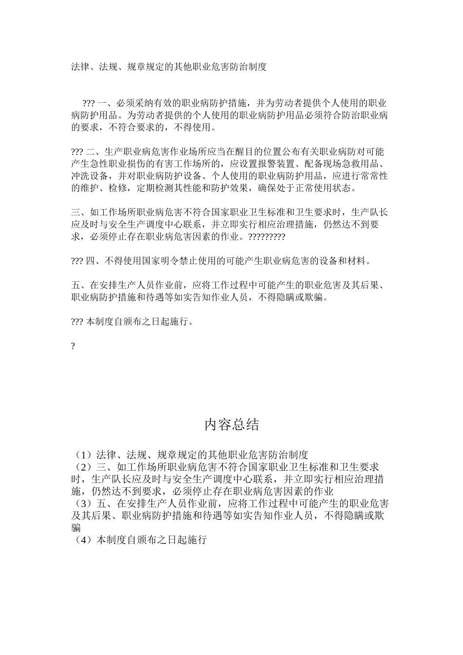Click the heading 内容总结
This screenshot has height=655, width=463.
(231, 425)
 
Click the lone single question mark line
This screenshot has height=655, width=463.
(73, 346)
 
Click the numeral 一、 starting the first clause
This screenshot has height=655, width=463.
(106, 103)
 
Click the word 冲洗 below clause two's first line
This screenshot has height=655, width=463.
(81, 176)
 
